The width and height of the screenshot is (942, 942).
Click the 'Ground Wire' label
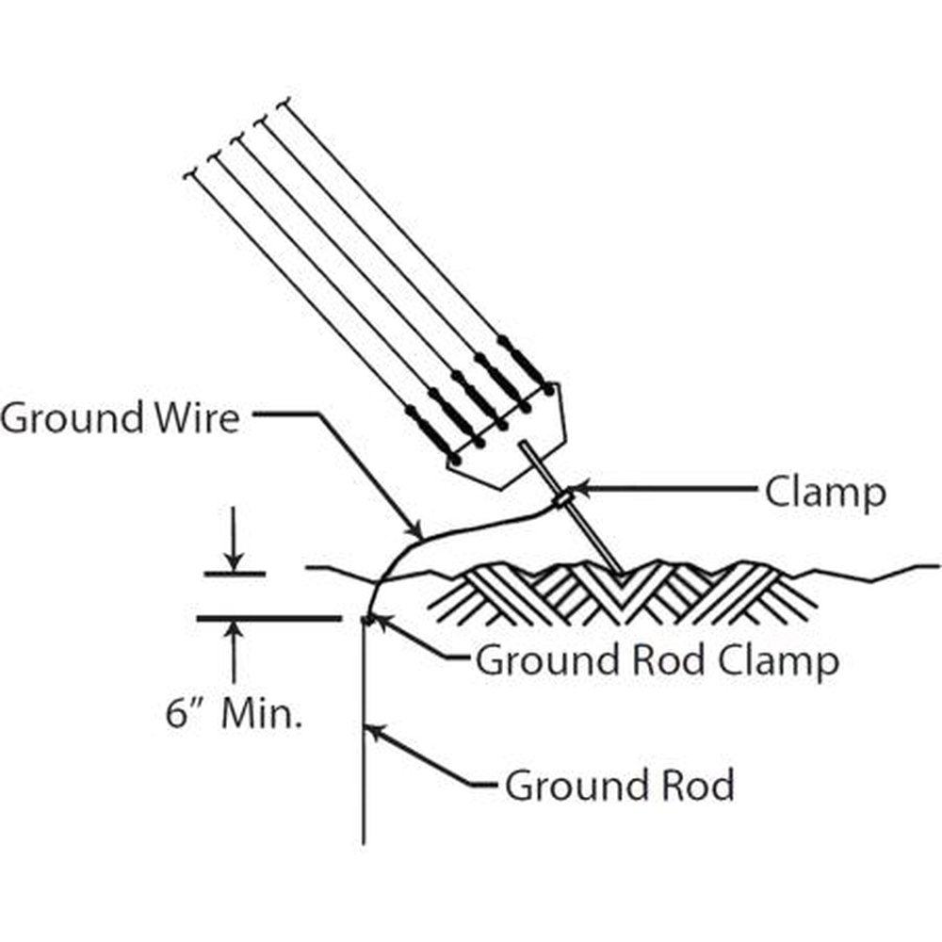(x=121, y=417)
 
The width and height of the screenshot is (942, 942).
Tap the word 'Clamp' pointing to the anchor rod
(x=825, y=491)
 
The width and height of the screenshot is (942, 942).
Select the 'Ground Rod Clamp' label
(x=657, y=660)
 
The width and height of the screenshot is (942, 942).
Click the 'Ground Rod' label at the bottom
(x=619, y=785)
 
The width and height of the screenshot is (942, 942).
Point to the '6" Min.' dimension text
(x=235, y=715)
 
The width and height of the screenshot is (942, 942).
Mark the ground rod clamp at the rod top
(x=366, y=619)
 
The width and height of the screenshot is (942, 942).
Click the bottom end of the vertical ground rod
(x=364, y=841)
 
